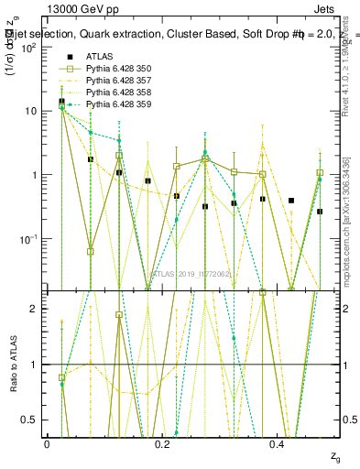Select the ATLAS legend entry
pos(101,58)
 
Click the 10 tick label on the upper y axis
pos(29,111)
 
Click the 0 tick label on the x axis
pos(47,445)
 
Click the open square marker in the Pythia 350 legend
pos(63,70)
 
